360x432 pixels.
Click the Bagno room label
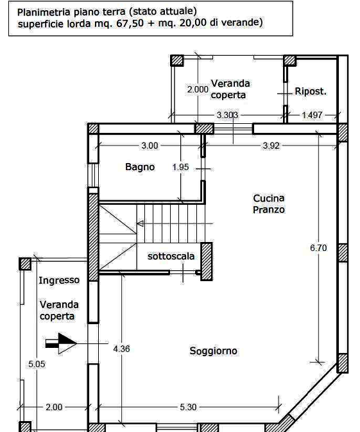[x=140, y=167]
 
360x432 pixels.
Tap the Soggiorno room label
[x=213, y=350]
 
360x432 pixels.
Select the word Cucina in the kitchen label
[x=268, y=198]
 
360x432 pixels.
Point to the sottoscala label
[x=171, y=256]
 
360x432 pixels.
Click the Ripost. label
[x=311, y=91]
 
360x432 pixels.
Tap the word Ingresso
[x=59, y=281]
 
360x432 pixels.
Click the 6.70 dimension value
[x=318, y=248]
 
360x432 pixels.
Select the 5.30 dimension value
[x=188, y=407]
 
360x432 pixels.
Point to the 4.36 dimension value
[x=121, y=349]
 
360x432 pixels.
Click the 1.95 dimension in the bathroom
[x=180, y=167]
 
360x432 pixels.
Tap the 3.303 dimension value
[x=228, y=115]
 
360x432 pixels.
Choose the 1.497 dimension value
[x=312, y=115]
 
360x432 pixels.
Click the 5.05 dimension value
[x=37, y=364]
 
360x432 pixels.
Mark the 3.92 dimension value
[x=271, y=146]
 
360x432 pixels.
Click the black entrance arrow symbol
[x=61, y=343]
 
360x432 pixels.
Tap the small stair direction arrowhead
[x=140, y=223]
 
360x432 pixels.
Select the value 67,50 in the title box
[x=130, y=23]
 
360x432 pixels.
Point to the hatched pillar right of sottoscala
[x=206, y=261]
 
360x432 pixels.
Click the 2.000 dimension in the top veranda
[x=198, y=89]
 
